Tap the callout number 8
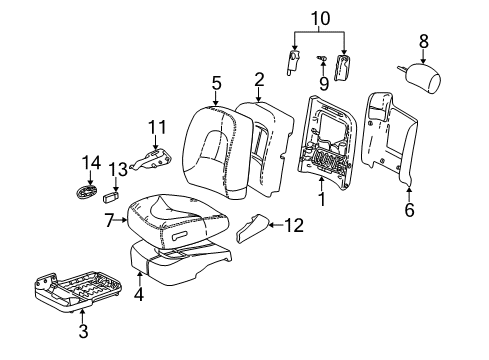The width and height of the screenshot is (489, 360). tap(423, 42)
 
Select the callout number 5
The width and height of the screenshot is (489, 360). tap(216, 84)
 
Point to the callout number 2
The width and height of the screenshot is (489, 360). tap(259, 78)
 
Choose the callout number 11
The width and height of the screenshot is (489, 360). tap(155, 126)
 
